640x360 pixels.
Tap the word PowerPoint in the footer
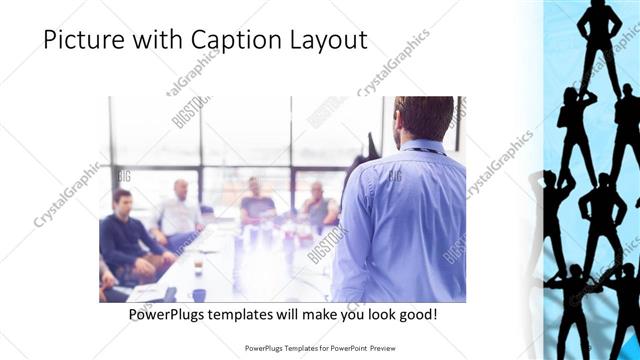tap(345, 348)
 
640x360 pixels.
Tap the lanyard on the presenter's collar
tap(420, 149)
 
